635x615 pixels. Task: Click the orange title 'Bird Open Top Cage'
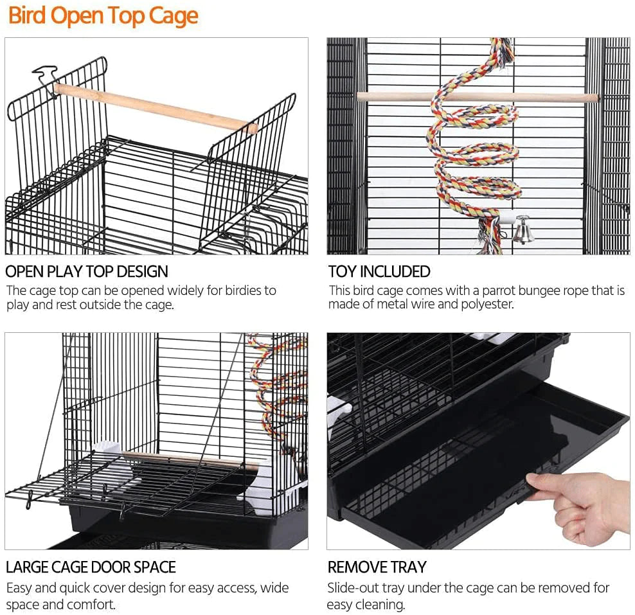(x=103, y=16)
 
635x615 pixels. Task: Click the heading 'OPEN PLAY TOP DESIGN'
(x=87, y=271)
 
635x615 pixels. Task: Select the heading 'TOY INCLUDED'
(x=379, y=271)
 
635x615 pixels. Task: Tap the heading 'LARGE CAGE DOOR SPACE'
(x=91, y=567)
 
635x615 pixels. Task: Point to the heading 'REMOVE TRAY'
(x=377, y=567)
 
